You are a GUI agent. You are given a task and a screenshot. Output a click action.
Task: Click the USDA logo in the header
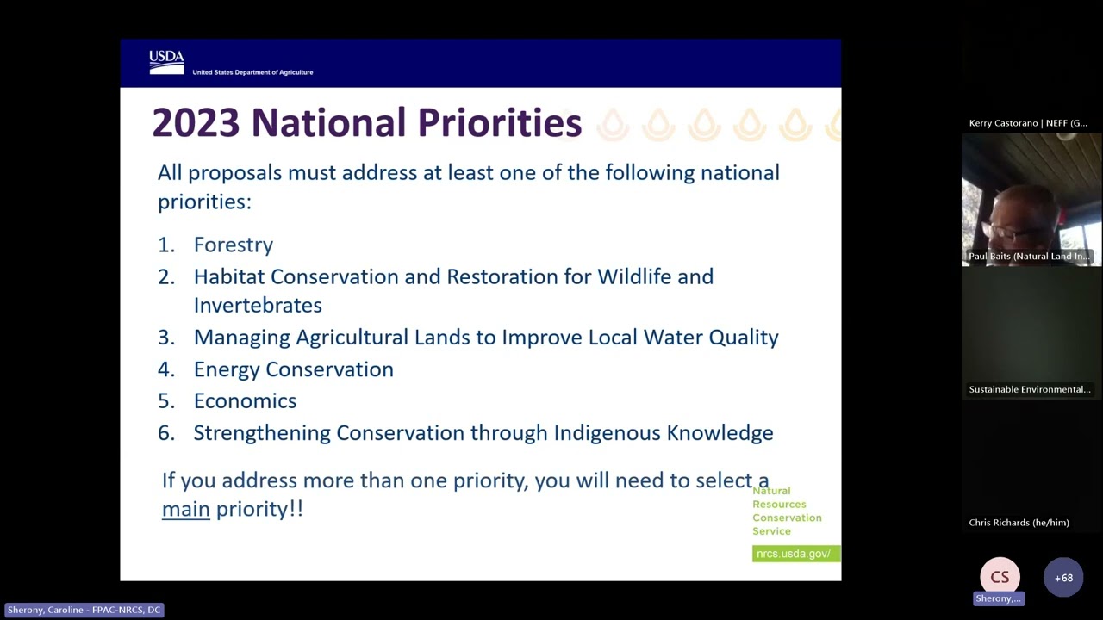[166, 63]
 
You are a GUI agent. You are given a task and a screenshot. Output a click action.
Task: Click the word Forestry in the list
[234, 245]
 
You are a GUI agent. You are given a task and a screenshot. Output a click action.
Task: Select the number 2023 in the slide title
[196, 122]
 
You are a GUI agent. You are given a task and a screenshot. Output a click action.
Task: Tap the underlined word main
[186, 509]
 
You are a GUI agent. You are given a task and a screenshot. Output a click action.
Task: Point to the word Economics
[246, 400]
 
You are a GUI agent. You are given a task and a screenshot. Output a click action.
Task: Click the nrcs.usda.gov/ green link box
[796, 554]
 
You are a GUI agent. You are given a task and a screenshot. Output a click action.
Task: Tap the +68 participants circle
[1063, 578]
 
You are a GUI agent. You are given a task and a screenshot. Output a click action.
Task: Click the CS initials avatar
[1000, 577]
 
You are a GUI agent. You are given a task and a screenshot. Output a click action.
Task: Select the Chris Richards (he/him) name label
[1019, 523]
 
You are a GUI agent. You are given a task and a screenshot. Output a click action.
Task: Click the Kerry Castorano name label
[1028, 123]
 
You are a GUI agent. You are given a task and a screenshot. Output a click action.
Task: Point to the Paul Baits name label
[1029, 257]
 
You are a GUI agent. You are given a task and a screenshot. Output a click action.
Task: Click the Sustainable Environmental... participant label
[1030, 389]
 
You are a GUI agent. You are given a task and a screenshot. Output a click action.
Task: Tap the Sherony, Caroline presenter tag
[84, 610]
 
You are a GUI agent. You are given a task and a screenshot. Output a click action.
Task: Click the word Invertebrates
[258, 305]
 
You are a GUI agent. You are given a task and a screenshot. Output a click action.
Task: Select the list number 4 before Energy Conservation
[165, 369]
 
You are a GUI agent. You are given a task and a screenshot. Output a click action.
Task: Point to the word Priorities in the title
[500, 122]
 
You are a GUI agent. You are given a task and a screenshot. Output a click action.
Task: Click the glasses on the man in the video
[1005, 230]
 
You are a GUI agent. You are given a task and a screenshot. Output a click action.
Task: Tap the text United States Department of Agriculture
[252, 72]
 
